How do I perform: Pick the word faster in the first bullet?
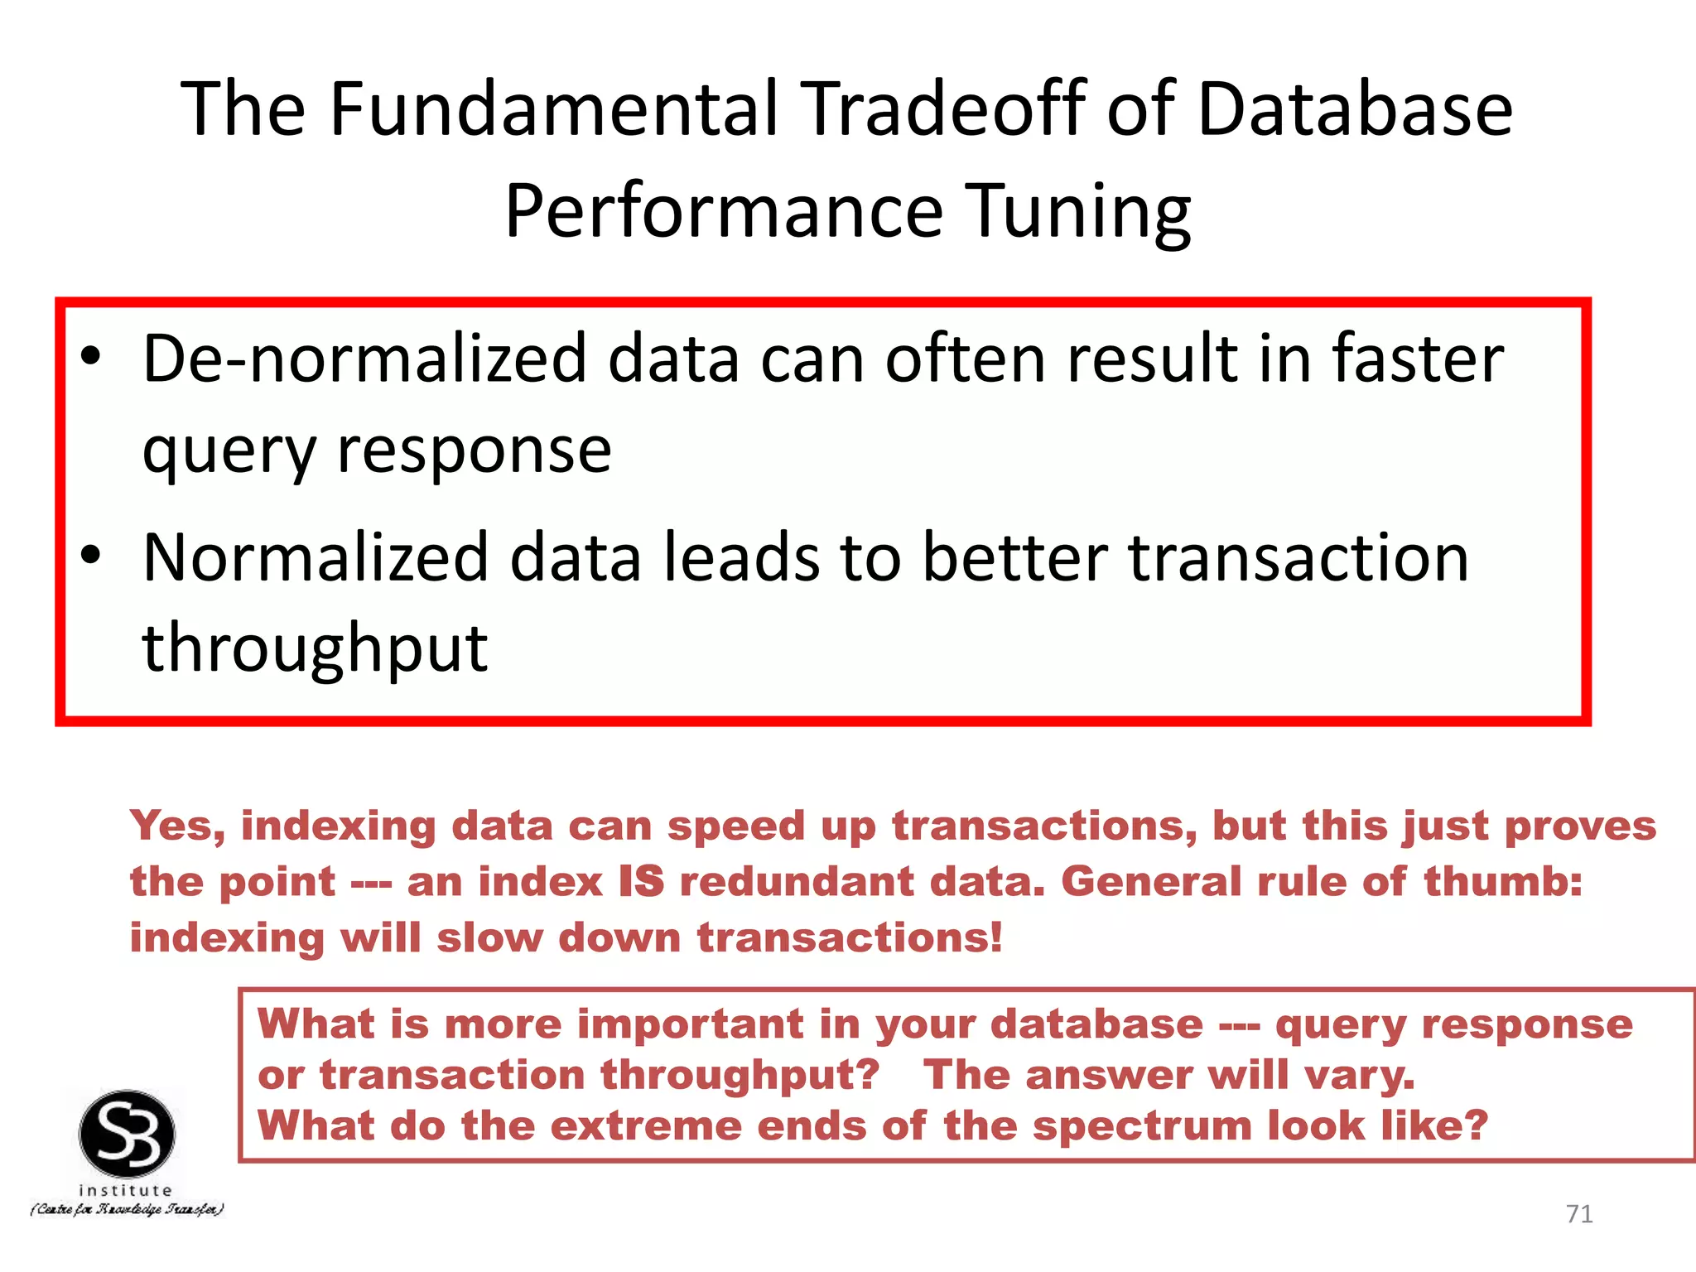click(1417, 359)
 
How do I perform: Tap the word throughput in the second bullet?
click(315, 648)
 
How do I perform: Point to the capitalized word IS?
click(642, 881)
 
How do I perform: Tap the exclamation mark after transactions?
click(996, 937)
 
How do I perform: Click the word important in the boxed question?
click(690, 1024)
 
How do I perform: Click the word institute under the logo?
click(125, 1191)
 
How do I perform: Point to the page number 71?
click(1579, 1214)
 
